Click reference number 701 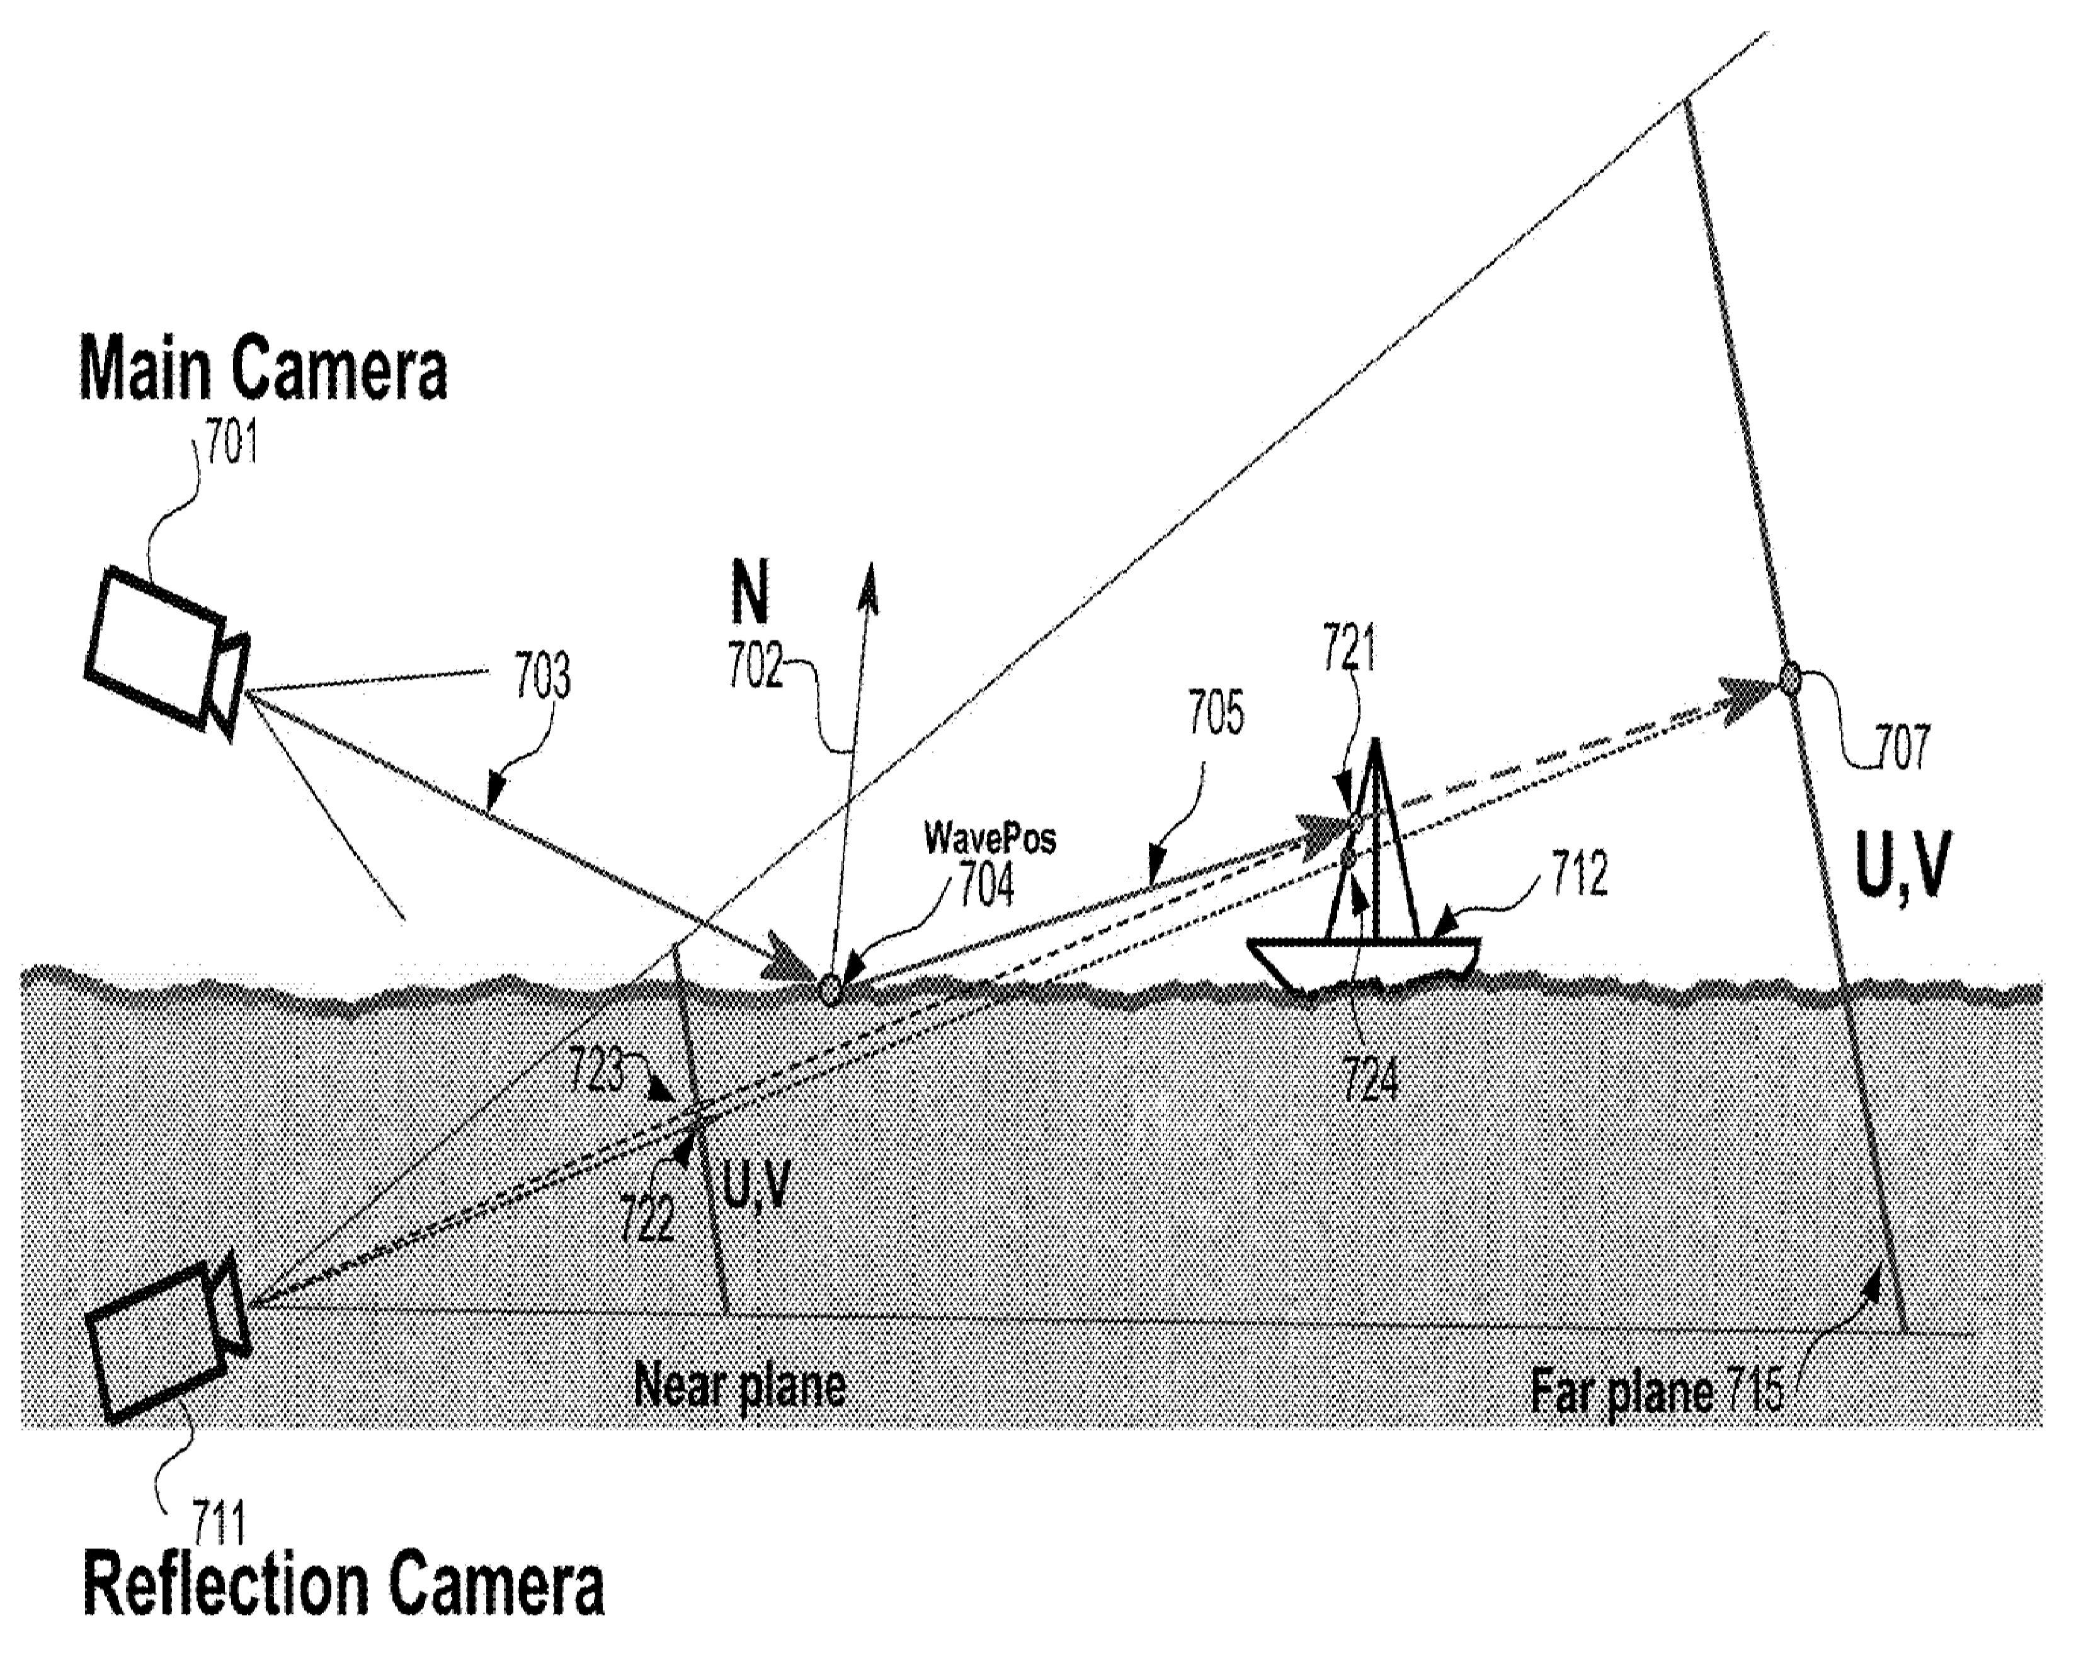232,445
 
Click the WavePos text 990,837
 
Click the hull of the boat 1363,962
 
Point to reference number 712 1579,874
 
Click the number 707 1902,746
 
